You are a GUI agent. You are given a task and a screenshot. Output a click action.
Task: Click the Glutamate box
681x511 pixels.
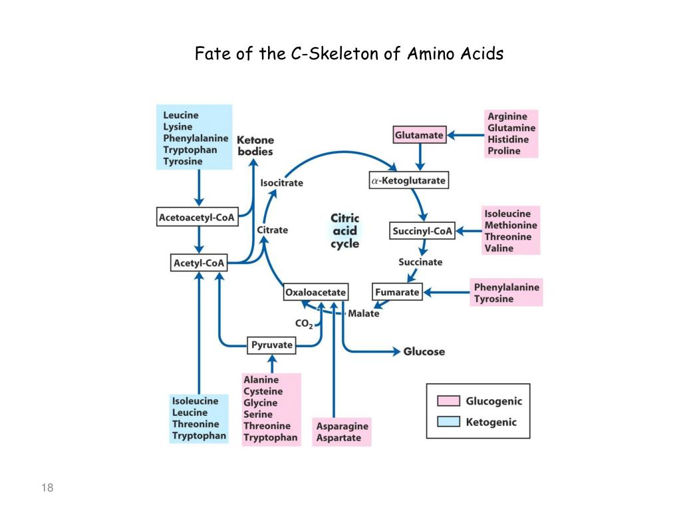coord(418,135)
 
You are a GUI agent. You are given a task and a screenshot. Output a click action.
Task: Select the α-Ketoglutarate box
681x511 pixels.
coord(408,180)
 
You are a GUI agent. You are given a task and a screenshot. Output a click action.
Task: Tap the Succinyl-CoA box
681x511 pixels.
coord(422,232)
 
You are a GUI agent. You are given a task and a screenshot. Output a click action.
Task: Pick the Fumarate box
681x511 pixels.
coord(397,291)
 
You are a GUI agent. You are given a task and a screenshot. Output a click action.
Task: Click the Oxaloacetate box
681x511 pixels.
coord(315,291)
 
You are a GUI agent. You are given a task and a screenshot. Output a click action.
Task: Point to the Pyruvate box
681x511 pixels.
coord(272,345)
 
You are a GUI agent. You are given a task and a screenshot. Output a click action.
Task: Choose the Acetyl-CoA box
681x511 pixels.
coord(199,263)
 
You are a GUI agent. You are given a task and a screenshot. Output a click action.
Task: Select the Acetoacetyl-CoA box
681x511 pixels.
coord(196,218)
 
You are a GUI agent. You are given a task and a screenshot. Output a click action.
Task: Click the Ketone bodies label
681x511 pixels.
coord(255,146)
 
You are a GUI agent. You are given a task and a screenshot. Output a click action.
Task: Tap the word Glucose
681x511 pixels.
coord(424,351)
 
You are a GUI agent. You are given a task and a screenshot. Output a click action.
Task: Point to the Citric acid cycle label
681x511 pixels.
coord(345,231)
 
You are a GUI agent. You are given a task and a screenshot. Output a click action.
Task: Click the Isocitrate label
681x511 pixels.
coord(281,182)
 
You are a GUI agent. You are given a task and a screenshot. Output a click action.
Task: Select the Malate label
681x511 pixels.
coord(364,313)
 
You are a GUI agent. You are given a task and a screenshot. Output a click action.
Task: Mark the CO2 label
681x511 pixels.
coord(303,324)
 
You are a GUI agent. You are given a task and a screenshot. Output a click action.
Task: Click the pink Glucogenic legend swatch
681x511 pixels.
coord(448,401)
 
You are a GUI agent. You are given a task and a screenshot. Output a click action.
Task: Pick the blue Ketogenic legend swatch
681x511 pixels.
coord(448,422)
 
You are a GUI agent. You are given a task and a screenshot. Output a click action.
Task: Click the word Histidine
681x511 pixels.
coord(508,140)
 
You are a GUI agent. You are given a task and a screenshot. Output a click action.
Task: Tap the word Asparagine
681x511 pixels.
coord(342,426)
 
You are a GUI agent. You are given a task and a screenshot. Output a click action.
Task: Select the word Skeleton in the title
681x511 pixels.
coord(342,54)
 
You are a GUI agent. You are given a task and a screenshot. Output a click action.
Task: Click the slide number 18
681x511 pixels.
coord(47,489)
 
